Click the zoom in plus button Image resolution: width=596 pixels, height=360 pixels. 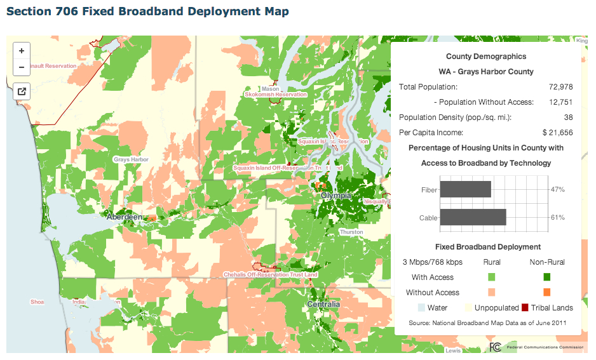pos(22,51)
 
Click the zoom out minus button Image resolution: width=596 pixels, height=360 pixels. pos(22,67)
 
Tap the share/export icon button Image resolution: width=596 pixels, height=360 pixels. pos(22,91)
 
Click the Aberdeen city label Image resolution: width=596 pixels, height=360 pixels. pos(125,217)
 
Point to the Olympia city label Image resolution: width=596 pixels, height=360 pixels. pos(336,196)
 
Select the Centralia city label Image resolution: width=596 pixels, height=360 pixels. pos(323,304)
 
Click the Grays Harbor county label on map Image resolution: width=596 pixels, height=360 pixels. pos(131,159)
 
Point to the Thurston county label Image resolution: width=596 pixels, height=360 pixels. pos(351,232)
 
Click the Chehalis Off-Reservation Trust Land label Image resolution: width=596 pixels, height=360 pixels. pos(270,275)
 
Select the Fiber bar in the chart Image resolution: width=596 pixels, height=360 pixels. pos(465,190)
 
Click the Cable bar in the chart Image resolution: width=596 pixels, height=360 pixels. pos(473,218)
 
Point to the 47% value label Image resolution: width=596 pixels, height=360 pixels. pos(558,190)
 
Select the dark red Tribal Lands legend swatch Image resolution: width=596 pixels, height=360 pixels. pos(525,308)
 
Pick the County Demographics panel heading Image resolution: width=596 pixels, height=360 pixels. pos(486,57)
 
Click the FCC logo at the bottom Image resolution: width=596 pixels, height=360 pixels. pos(496,347)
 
